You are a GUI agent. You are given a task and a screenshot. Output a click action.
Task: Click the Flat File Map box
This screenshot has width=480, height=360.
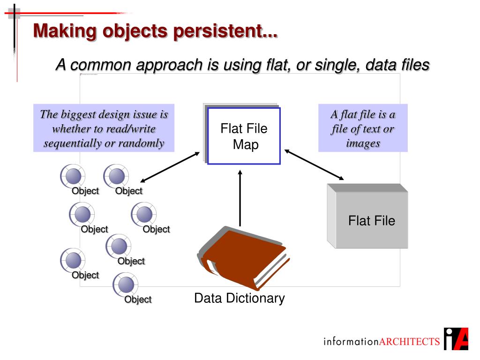244,136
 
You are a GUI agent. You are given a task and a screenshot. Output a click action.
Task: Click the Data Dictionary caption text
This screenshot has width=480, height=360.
240,298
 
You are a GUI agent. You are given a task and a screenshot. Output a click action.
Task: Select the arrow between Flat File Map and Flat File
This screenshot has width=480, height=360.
314,164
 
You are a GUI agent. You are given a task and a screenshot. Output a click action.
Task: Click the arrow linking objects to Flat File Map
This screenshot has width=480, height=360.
170,167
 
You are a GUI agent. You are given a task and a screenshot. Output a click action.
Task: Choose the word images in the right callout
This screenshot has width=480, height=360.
363,143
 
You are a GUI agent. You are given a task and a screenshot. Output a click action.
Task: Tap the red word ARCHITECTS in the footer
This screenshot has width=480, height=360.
409,341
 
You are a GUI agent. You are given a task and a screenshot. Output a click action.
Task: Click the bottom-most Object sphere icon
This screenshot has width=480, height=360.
126,285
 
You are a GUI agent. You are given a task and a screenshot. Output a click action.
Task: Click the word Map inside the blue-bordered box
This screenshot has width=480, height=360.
246,145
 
